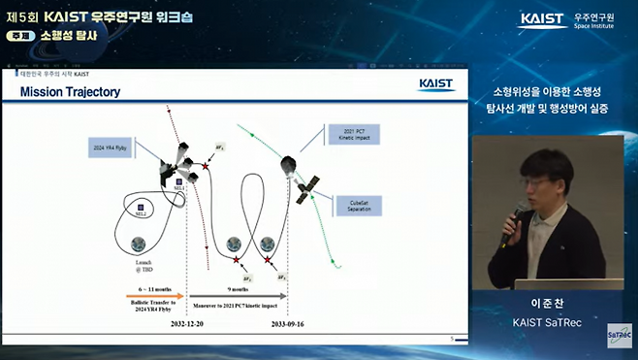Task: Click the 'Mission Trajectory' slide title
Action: [70, 92]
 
